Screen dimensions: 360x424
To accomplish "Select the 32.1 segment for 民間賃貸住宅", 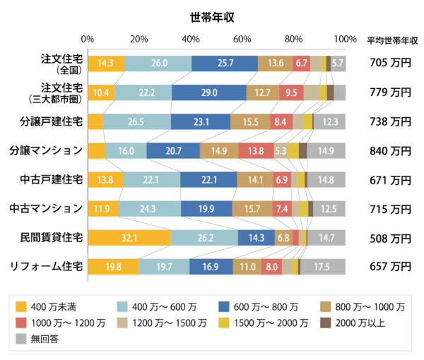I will [129, 238].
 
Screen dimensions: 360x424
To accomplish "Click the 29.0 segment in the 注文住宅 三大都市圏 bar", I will [209, 92].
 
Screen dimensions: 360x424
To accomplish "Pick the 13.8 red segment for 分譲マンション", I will [255, 150].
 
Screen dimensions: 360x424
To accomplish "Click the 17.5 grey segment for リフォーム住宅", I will [322, 267].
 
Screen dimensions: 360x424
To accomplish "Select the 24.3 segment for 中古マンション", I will [149, 209].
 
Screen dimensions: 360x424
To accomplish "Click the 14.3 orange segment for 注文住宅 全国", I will [106, 63].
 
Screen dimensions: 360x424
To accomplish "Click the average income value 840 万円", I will [390, 150].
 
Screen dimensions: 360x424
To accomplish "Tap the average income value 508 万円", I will [390, 238].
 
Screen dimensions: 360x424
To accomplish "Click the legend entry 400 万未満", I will [45, 306].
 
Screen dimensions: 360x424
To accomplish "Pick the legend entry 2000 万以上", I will [356, 323].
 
